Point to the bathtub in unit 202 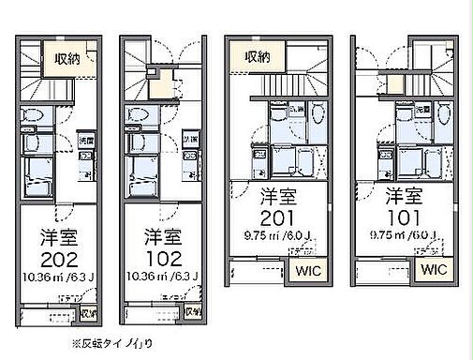(41, 175)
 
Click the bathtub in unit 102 (145, 175)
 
